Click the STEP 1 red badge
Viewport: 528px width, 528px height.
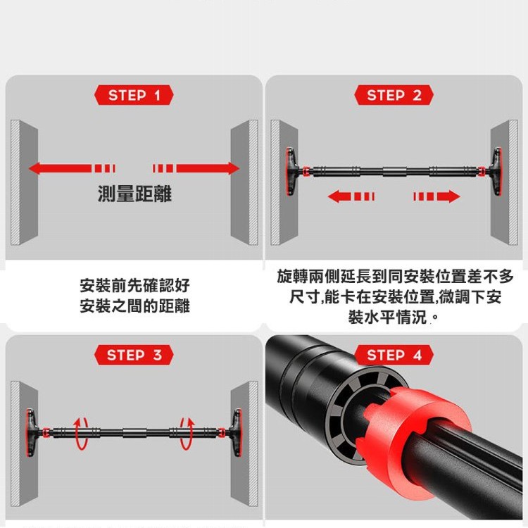[x=134, y=95]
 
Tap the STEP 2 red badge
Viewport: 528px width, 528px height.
[x=394, y=95]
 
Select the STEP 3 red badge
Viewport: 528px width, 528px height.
[x=134, y=356]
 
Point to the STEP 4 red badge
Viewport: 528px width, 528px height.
[x=394, y=356]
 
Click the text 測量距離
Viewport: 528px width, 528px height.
[x=134, y=194]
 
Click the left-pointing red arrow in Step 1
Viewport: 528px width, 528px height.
[x=72, y=168]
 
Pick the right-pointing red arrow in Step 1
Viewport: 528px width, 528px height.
[x=196, y=168]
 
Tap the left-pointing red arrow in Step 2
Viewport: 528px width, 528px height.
[x=351, y=196]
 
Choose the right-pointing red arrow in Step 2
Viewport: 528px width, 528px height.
[x=436, y=196]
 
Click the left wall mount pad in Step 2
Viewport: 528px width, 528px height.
[x=291, y=171]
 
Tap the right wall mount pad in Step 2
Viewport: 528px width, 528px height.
[x=496, y=171]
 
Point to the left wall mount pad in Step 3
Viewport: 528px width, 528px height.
[x=31, y=433]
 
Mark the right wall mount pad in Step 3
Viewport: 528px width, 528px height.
[x=237, y=433]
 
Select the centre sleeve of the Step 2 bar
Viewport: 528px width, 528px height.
[x=394, y=171]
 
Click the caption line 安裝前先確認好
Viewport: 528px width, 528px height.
[x=134, y=286]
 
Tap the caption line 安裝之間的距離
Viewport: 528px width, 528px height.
[x=134, y=306]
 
